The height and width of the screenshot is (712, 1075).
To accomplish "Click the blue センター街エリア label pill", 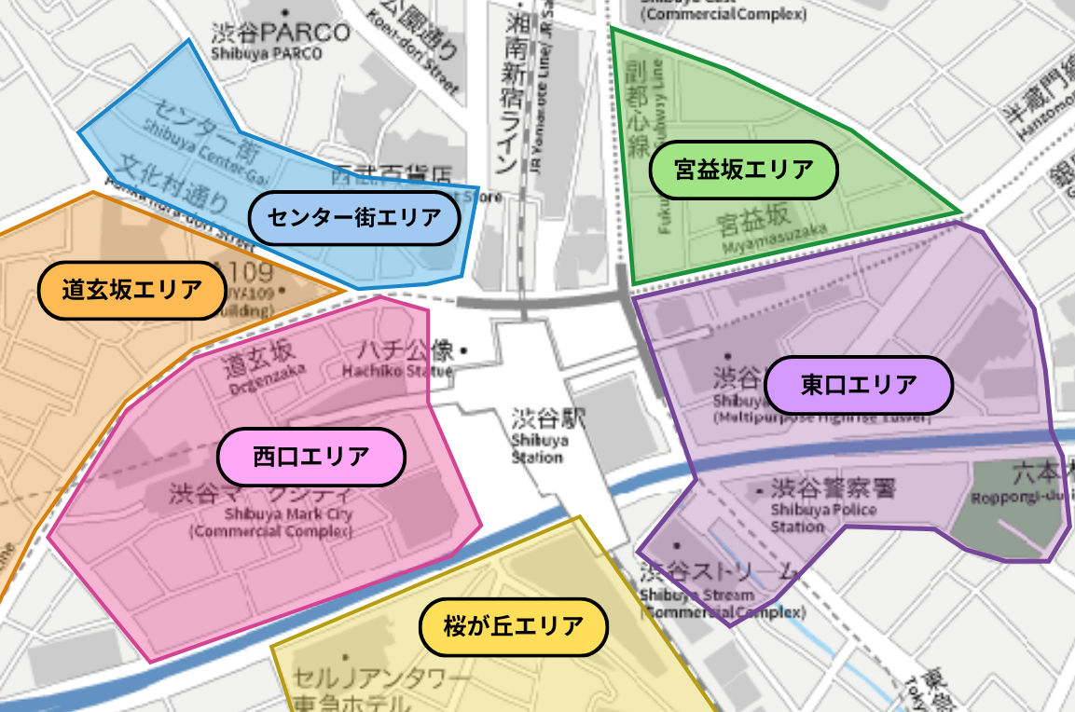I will click(355, 218).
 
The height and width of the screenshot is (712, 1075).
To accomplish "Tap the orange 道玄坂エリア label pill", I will click(131, 290).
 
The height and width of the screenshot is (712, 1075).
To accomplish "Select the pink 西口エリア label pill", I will click(311, 457).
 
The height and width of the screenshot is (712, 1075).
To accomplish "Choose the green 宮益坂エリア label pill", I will click(743, 170).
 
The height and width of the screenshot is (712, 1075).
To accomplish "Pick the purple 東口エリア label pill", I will click(858, 384).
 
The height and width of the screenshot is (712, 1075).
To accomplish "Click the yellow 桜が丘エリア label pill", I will click(513, 626).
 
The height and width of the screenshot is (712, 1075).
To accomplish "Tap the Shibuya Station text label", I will click(539, 448).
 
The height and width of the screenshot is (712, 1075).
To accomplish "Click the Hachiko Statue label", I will click(397, 371).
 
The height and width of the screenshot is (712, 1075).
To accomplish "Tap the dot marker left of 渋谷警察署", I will click(760, 489).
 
